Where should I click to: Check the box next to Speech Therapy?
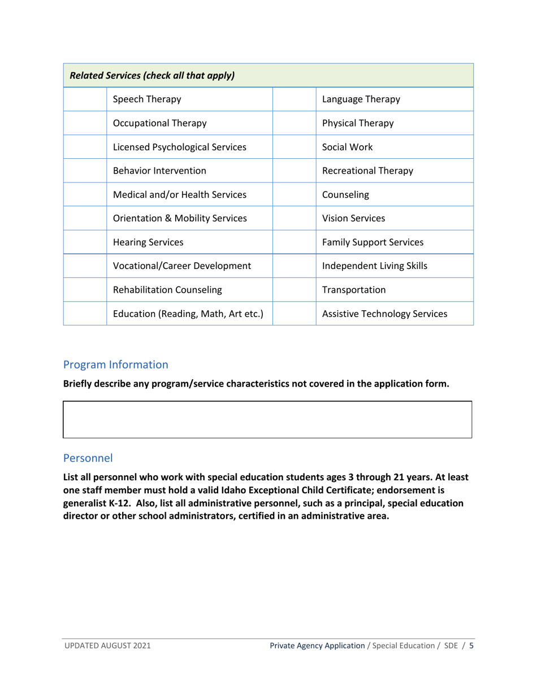(x=85, y=99)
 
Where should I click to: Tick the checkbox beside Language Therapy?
(x=294, y=99)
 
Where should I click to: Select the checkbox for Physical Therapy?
(x=294, y=123)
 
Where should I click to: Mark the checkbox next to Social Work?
(x=294, y=147)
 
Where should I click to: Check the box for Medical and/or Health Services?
(x=85, y=194)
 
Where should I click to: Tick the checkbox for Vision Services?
(x=294, y=218)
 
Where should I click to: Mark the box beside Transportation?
(x=294, y=289)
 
